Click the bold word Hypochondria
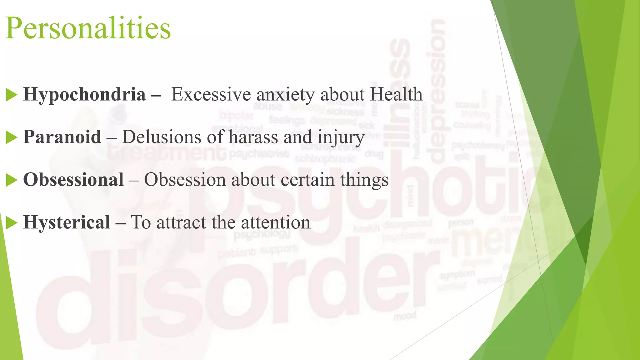(x=84, y=94)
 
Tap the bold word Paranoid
(x=62, y=137)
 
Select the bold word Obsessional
(x=73, y=180)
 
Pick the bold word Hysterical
(x=67, y=222)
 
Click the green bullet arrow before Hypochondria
(x=12, y=95)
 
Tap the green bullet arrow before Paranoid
(x=12, y=137)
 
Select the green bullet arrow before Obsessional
(x=12, y=180)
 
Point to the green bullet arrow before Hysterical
(x=12, y=223)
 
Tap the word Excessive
(x=211, y=94)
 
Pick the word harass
(x=253, y=137)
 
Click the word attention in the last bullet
(x=276, y=223)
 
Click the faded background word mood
(x=405, y=316)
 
